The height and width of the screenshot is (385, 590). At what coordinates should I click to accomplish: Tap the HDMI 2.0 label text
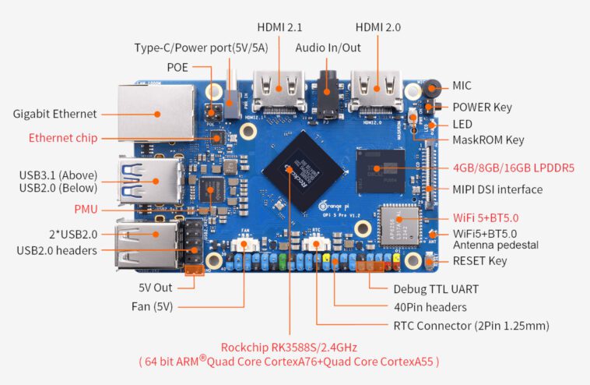click(378, 27)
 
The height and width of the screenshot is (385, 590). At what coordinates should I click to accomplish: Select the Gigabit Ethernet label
click(54, 114)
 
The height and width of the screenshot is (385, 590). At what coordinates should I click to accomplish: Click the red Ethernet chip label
click(63, 138)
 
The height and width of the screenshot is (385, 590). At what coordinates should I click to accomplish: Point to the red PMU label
click(86, 209)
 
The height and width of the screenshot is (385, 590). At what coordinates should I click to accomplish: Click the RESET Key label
click(479, 260)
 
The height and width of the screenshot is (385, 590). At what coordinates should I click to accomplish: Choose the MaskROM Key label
click(488, 140)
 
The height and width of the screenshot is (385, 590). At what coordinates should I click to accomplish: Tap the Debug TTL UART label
click(435, 289)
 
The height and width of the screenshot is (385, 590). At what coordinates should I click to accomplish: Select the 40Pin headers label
click(430, 307)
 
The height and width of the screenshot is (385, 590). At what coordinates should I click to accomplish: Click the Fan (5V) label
click(152, 306)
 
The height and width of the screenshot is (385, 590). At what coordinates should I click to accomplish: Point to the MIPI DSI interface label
click(497, 189)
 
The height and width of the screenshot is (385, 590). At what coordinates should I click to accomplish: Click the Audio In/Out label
click(328, 48)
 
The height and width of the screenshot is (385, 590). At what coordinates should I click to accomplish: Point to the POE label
click(177, 67)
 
